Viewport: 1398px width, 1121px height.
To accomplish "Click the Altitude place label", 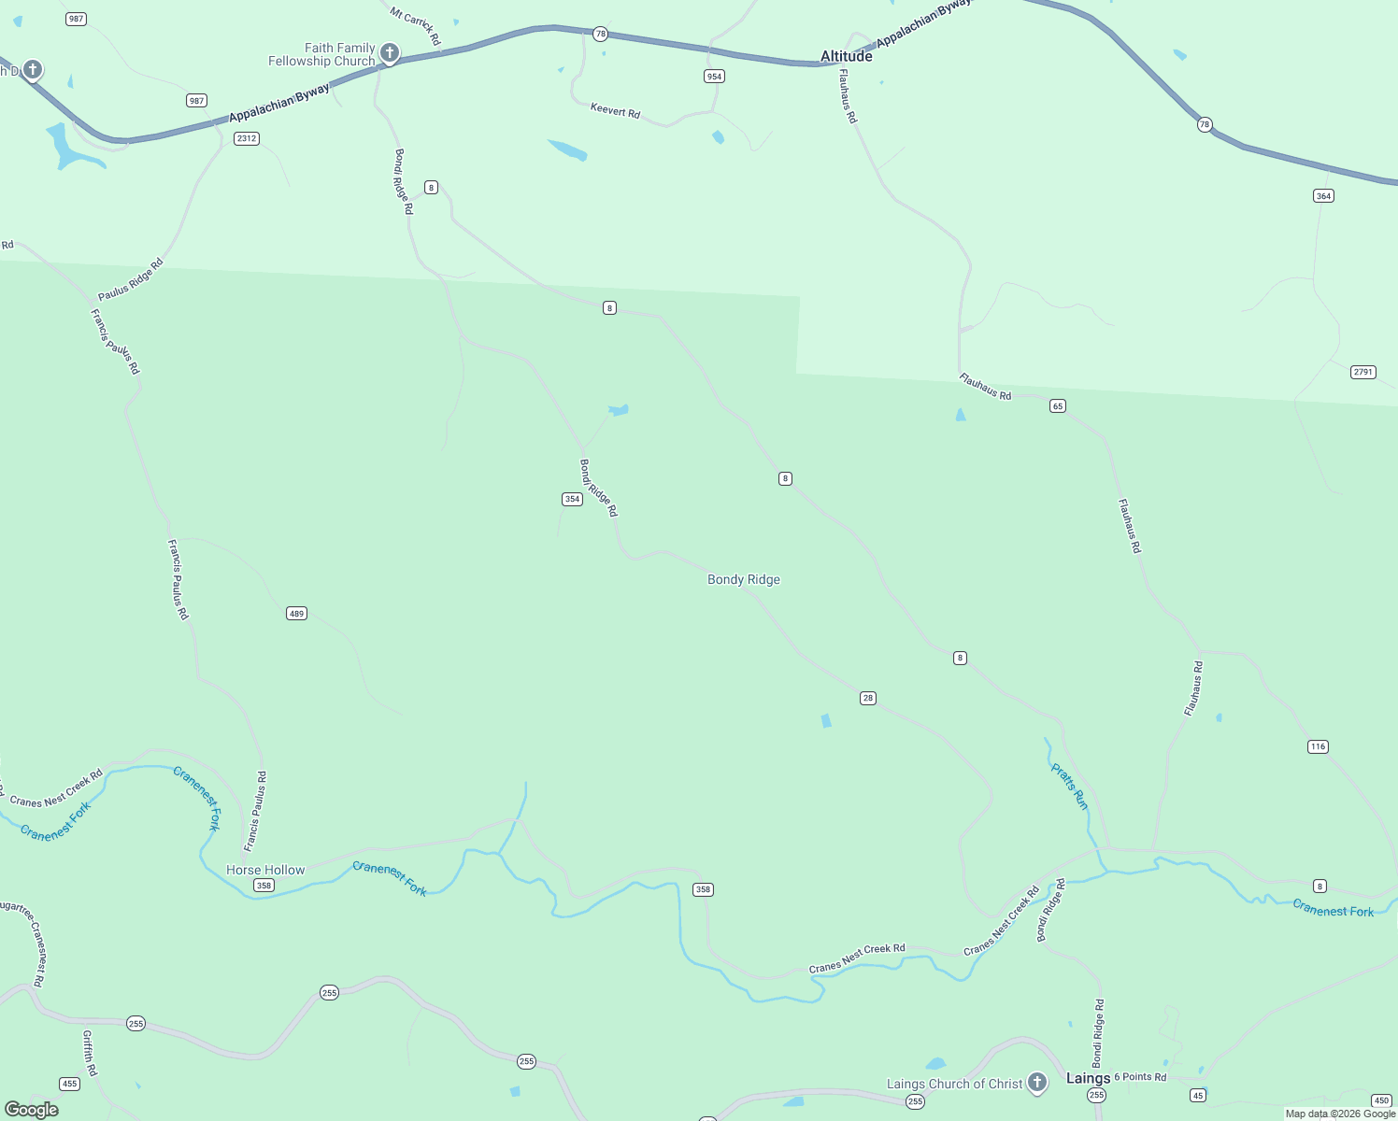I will (x=846, y=56).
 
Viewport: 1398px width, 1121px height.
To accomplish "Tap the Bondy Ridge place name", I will (x=743, y=579).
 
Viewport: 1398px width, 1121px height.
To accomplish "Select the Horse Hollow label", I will (x=265, y=870).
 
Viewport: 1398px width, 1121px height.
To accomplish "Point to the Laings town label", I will (x=1088, y=1078).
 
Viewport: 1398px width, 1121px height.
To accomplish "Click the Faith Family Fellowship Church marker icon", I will (x=390, y=53).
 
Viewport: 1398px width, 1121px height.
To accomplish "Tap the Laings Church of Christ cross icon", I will (x=1036, y=1083).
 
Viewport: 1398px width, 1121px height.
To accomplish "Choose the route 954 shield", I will (x=714, y=77).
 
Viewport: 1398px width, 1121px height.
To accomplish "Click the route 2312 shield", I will (x=247, y=138).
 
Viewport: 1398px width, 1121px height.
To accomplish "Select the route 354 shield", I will (x=572, y=499).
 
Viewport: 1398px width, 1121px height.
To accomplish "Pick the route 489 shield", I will (x=296, y=614).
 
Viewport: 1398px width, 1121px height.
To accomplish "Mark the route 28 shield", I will (x=868, y=698).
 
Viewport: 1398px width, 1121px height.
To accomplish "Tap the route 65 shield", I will (x=1057, y=405).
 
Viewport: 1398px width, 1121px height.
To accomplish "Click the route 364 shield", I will (x=1323, y=196).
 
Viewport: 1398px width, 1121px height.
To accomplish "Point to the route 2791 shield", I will (x=1362, y=372).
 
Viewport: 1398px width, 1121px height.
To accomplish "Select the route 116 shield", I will (x=1318, y=746).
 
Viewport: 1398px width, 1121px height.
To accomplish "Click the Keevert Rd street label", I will (x=615, y=111).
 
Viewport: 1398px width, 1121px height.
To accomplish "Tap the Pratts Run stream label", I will (x=1069, y=787).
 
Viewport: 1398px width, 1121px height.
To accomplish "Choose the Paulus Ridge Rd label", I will (x=130, y=279).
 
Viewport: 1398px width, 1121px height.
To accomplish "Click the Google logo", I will (x=32, y=1110).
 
